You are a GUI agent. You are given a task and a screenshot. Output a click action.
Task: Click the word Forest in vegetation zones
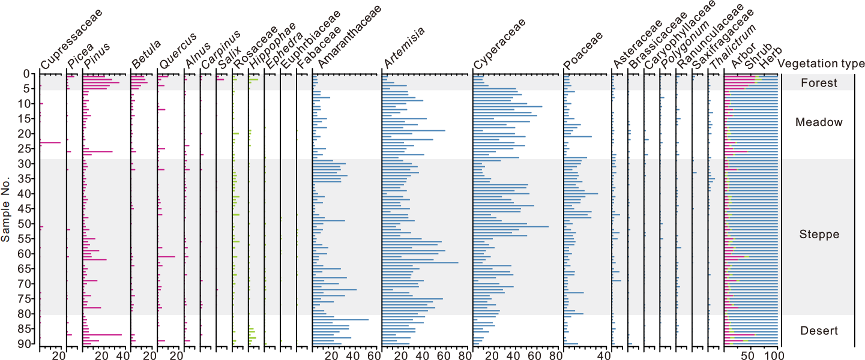tap(819, 83)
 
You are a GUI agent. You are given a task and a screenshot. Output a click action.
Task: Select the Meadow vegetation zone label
tap(819, 122)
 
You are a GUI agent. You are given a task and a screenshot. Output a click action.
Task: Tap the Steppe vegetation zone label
tap(819, 235)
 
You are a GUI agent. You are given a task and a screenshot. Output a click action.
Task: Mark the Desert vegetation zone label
tap(819, 331)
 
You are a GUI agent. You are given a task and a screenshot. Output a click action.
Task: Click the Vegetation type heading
tap(821, 64)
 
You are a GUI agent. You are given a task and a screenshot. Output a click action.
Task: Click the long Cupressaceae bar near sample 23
tap(50, 143)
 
